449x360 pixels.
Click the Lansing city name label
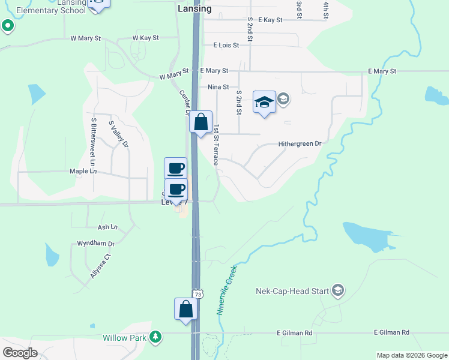coord(194,9)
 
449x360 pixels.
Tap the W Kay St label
coord(145,38)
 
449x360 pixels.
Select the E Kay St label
coord(270,20)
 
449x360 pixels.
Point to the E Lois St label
coord(226,45)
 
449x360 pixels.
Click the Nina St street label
coord(218,87)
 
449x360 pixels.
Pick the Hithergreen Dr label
coord(300,144)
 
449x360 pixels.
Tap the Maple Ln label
coord(83,171)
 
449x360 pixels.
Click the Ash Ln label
coord(107,227)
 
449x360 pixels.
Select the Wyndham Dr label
coord(95,244)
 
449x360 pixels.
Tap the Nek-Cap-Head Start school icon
coord(337,291)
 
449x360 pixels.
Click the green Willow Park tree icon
coord(156,337)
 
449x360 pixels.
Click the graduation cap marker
coord(264,102)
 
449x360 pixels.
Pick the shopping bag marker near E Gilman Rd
coord(186,309)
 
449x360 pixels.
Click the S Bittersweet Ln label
coord(94,142)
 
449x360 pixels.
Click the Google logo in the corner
coord(20,353)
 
